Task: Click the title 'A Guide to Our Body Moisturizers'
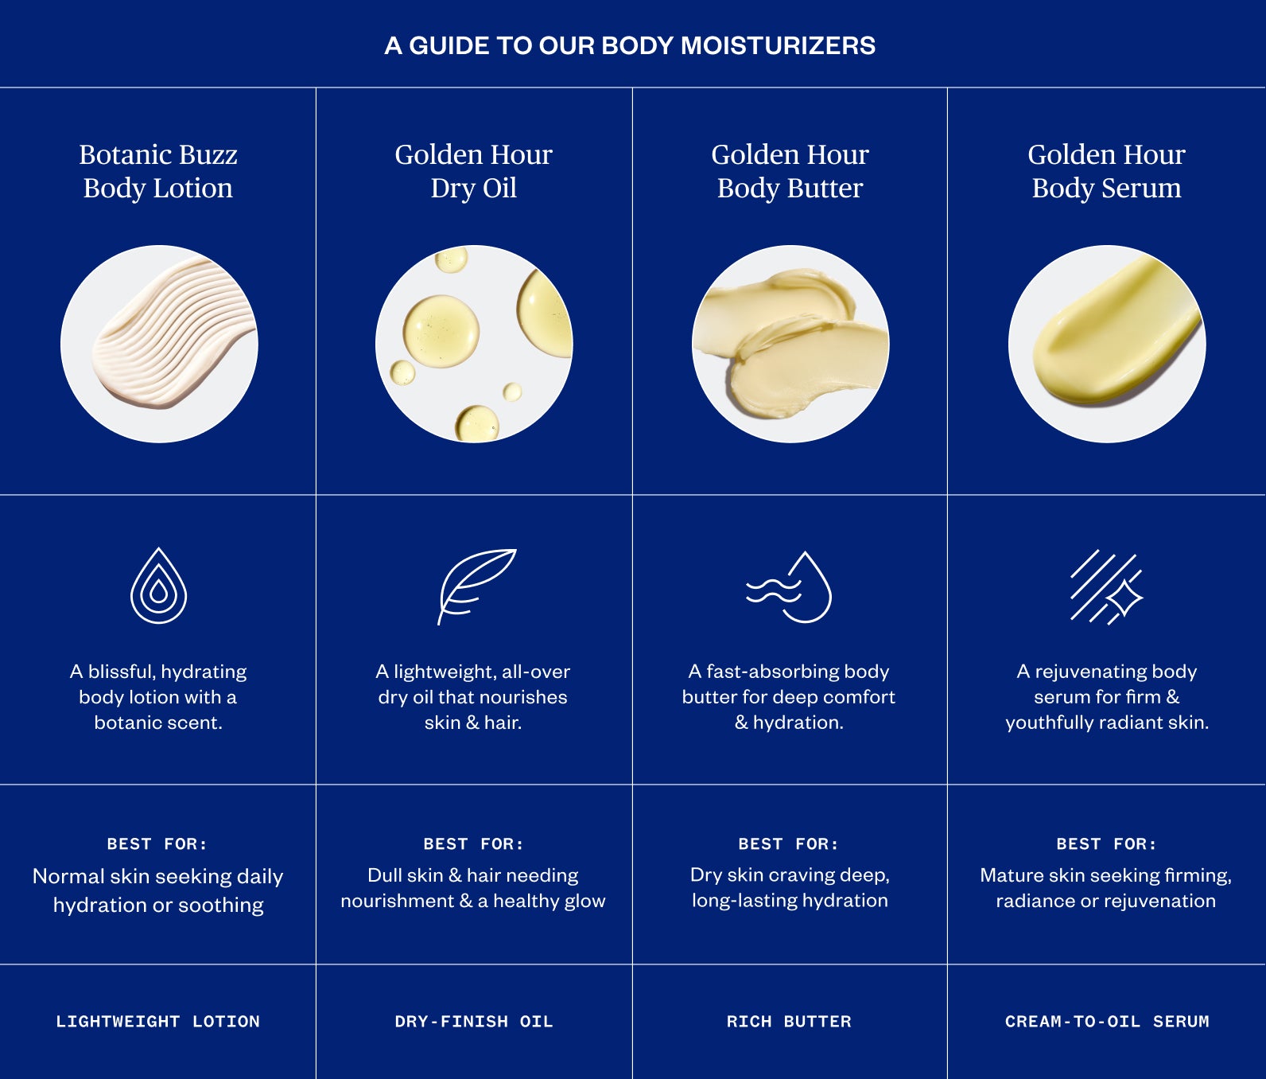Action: pos(630,45)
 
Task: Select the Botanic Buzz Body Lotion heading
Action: pos(158,171)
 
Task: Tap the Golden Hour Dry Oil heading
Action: pos(473,171)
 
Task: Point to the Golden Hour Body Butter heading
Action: pos(790,171)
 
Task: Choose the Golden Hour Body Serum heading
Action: pos(1106,171)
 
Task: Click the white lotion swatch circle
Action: pos(159,344)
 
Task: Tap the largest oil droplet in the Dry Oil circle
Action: pos(441,331)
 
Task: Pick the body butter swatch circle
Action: pos(790,344)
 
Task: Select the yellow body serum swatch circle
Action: pos(1107,344)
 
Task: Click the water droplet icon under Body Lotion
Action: pos(159,586)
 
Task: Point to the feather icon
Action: pos(476,585)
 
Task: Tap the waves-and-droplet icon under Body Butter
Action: pos(789,587)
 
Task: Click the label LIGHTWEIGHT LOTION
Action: pos(157,1021)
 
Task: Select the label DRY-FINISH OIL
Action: pos(474,1021)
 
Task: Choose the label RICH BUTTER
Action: pos(789,1021)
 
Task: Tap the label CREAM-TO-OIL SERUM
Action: pos(1107,1021)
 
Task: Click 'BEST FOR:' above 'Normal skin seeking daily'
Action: pos(157,843)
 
